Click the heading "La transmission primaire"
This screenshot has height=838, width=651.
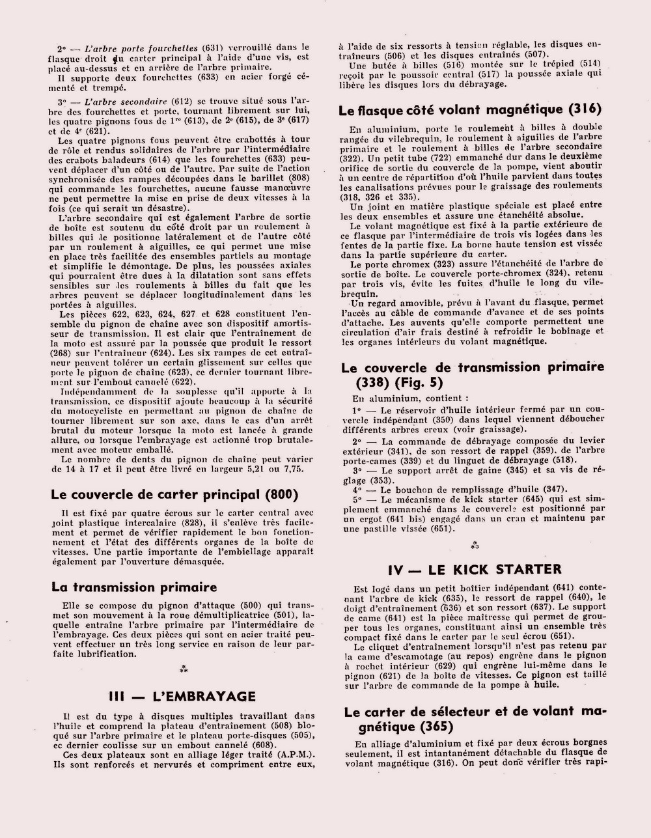click(x=134, y=587)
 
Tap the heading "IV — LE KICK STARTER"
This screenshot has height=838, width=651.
click(x=474, y=570)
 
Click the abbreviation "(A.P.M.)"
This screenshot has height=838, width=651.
click(x=293, y=755)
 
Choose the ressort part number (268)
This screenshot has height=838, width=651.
click(x=64, y=352)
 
